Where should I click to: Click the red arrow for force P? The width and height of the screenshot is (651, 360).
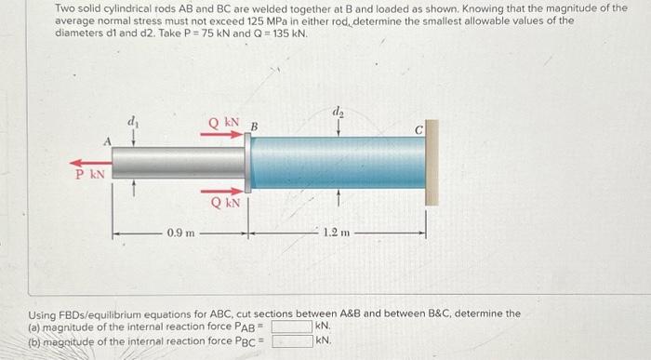90,163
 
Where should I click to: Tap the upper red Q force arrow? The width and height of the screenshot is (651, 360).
221,134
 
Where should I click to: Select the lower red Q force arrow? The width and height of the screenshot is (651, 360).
221,192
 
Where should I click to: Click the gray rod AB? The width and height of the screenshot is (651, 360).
179,163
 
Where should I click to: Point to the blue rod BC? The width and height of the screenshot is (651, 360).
338,163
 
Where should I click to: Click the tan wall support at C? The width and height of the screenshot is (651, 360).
432,163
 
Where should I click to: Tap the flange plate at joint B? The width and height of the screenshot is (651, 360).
248,163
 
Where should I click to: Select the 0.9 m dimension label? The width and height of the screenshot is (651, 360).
180,233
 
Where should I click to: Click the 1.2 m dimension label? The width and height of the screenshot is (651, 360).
337,233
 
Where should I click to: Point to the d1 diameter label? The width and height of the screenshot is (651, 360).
133,122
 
